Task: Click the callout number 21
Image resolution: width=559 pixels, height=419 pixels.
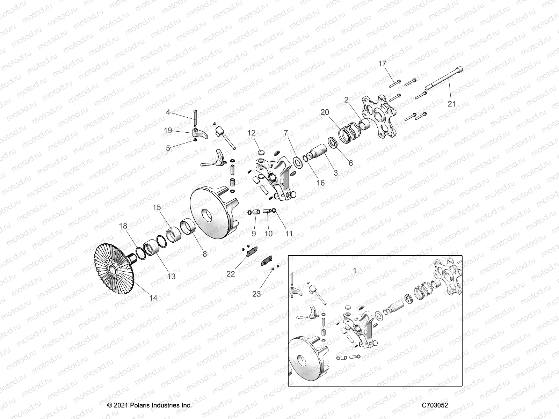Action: pos(452,104)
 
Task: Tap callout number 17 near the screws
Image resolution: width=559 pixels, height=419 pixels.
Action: pos(383,63)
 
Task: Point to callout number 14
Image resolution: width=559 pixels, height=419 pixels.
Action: pos(153,298)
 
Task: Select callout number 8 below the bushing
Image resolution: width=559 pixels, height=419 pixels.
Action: pos(205,254)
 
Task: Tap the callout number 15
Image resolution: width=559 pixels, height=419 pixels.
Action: pos(157,208)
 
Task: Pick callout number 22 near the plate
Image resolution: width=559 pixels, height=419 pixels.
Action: pos(231,274)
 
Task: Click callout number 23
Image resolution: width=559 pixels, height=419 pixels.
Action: pos(256,294)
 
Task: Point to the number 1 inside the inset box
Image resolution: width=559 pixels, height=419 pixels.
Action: pos(355,271)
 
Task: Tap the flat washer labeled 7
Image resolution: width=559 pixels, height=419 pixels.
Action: pos(298,162)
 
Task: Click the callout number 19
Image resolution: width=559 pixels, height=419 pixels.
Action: pos(168,131)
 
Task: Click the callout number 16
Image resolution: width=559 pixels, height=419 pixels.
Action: pos(320,183)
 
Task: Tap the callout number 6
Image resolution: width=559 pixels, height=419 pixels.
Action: pos(351,163)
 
